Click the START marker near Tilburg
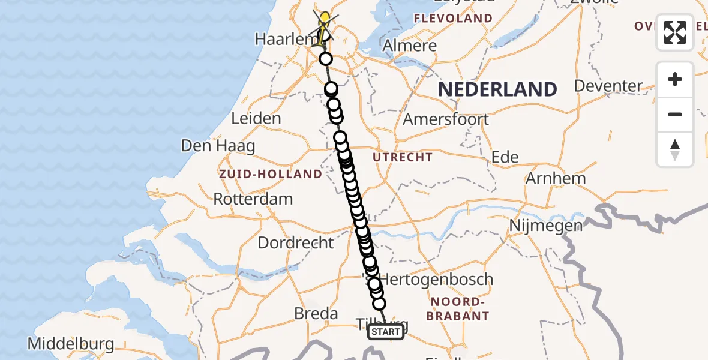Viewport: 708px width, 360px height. tap(385, 332)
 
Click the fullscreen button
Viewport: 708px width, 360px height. tap(675, 32)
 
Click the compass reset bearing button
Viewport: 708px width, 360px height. tap(675, 149)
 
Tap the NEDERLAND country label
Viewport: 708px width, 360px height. tap(497, 89)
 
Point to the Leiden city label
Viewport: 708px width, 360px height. tap(256, 118)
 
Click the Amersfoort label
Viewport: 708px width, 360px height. tap(446, 119)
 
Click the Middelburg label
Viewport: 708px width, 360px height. tap(71, 344)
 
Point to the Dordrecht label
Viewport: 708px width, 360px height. tap(296, 243)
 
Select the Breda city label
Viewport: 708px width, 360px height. tap(316, 313)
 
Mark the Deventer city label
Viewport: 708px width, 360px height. tap(608, 86)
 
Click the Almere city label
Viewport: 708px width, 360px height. tap(410, 46)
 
